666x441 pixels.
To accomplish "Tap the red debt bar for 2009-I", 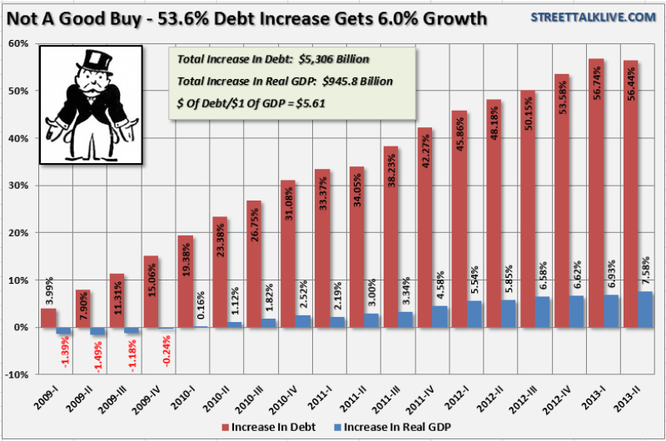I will (x=47, y=318).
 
